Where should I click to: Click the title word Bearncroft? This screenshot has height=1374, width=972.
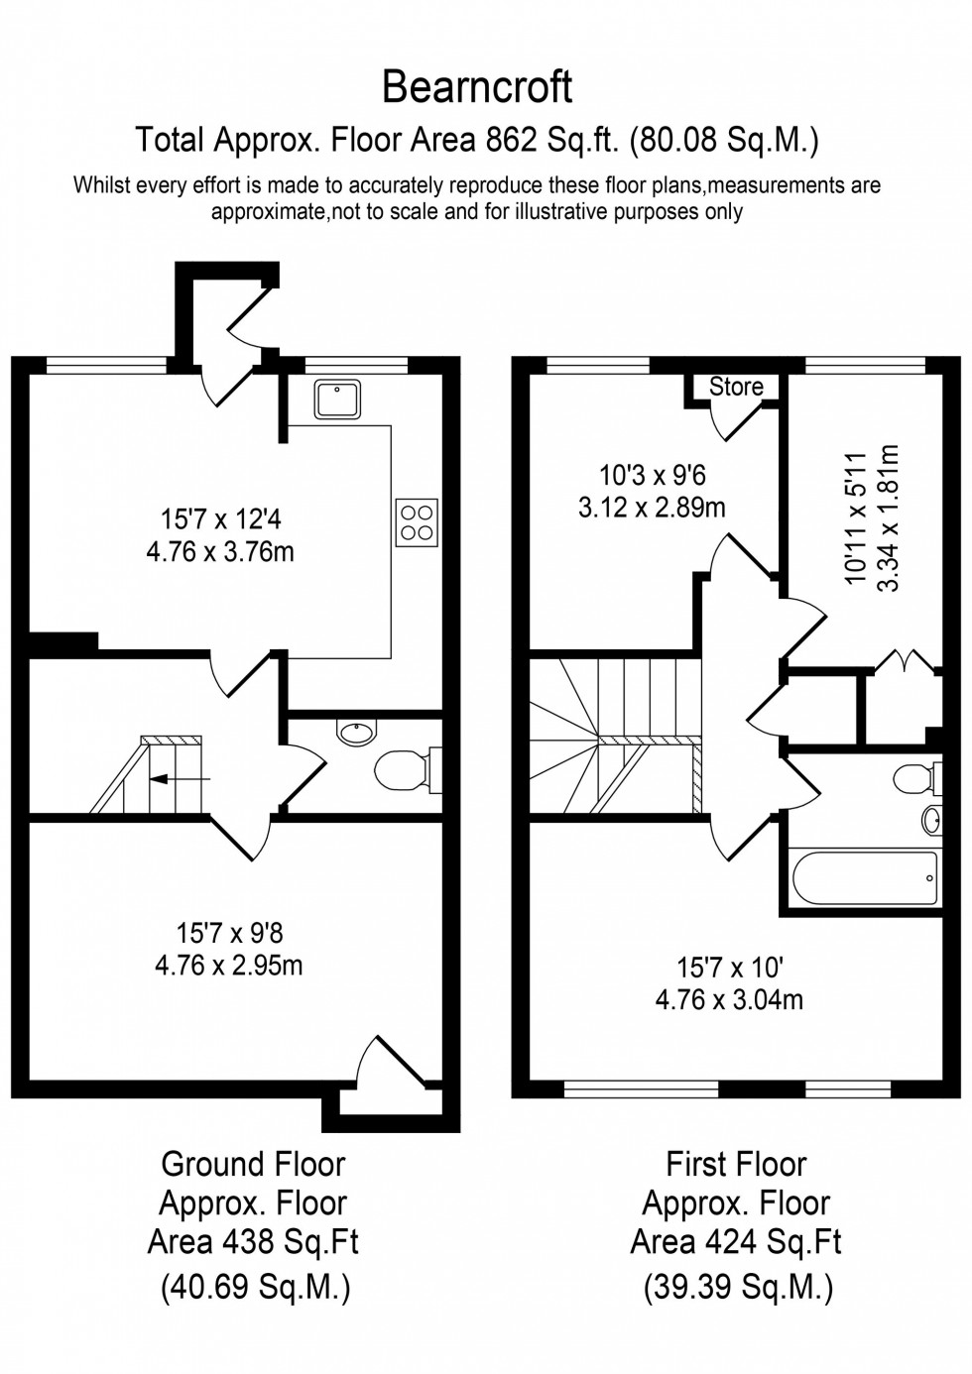(477, 88)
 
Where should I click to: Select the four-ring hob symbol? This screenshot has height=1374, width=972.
(417, 521)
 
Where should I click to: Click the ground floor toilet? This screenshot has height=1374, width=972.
(402, 770)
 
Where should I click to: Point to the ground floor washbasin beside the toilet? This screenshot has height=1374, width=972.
(356, 734)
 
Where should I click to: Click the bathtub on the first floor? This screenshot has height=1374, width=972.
(863, 877)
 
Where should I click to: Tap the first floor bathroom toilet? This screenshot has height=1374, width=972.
(914, 778)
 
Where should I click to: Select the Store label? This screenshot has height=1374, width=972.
(736, 387)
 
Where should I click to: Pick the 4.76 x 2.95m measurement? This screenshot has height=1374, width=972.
(229, 965)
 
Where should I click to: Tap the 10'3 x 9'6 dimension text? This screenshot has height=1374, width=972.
(652, 475)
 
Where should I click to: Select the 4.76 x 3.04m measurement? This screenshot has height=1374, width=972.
(729, 999)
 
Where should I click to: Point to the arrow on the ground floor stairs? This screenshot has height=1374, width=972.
(179, 779)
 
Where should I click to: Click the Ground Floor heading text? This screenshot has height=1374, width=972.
(253, 1163)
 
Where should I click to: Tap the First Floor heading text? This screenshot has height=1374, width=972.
(736, 1163)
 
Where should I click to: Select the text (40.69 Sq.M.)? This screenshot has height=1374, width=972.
(254, 1288)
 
